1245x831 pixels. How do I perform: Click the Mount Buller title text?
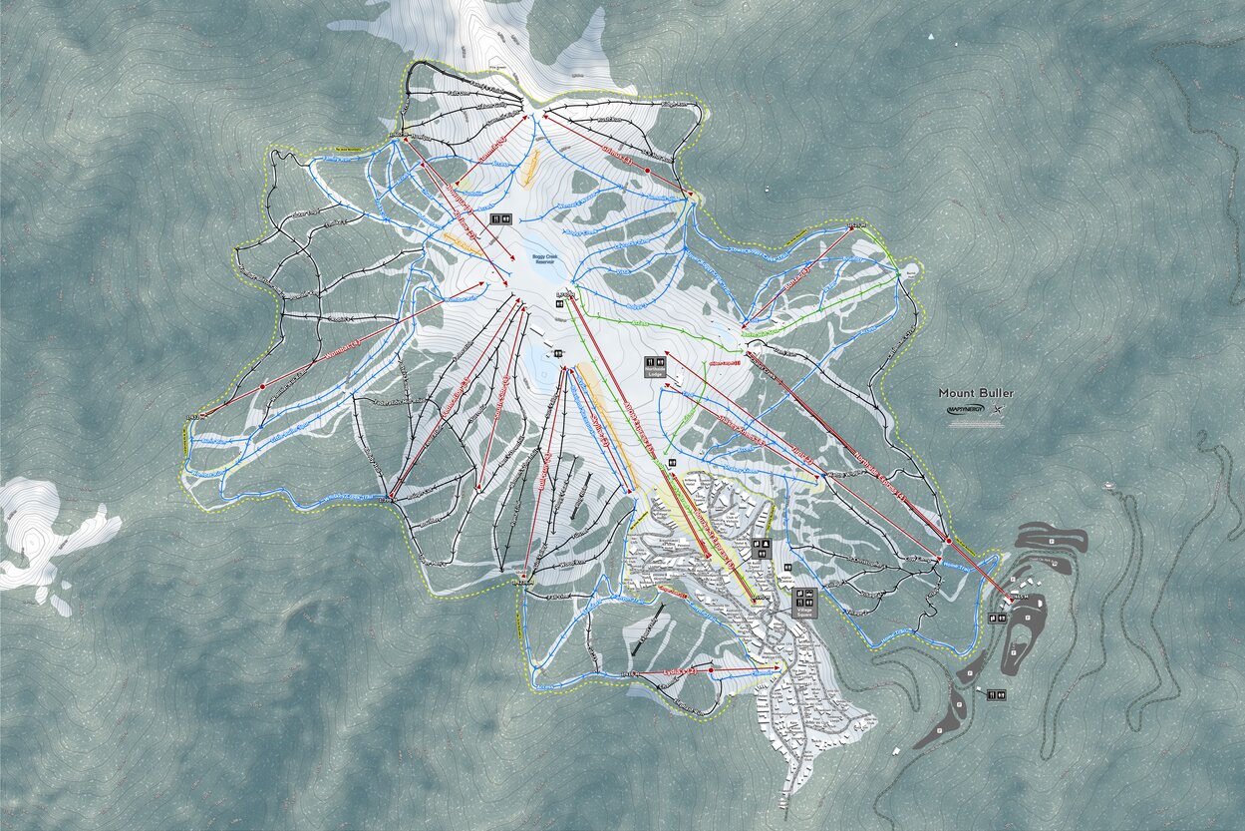(975, 393)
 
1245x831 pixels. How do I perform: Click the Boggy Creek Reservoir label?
(545, 259)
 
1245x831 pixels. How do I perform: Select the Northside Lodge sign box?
(655, 366)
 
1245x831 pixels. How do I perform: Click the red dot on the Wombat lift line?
(263, 386)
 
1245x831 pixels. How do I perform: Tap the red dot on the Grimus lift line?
(647, 171)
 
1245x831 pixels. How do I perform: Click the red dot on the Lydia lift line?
(711, 671)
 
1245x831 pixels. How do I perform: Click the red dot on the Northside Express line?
(948, 541)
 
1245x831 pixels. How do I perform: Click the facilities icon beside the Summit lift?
(500, 218)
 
